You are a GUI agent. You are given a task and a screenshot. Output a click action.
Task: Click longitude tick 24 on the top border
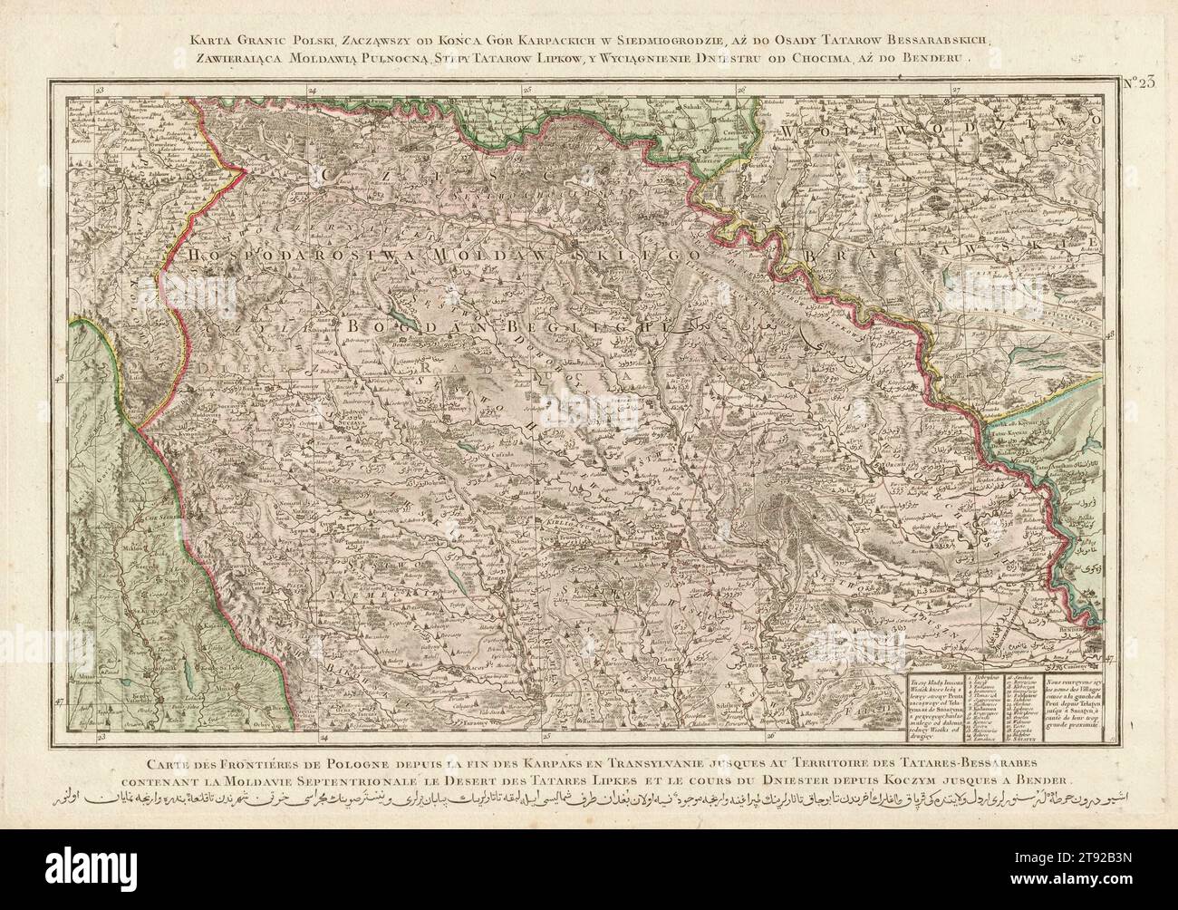click(311, 90)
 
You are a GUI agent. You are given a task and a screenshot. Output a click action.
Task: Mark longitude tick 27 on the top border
click(955, 90)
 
